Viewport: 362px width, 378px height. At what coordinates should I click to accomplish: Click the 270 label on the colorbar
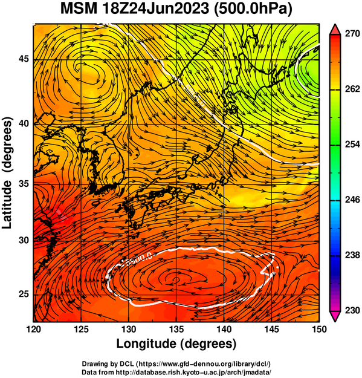(x=352, y=34)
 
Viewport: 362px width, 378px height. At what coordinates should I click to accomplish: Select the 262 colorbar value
(x=352, y=89)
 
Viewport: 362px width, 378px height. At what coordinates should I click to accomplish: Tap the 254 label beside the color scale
(x=352, y=145)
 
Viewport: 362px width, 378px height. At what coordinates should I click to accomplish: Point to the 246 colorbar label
(x=352, y=200)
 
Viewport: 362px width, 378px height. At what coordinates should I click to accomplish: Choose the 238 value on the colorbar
(x=352, y=255)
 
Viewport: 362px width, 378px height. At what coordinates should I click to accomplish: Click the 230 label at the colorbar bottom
(x=352, y=310)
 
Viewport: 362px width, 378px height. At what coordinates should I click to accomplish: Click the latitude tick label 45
(x=24, y=59)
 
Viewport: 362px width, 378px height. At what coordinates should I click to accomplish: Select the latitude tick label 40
(x=24, y=124)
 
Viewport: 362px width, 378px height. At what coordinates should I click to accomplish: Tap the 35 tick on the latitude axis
(x=24, y=184)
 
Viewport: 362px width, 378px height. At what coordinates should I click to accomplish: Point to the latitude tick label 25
(x=24, y=295)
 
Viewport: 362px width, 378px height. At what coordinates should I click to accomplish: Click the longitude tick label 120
(x=33, y=329)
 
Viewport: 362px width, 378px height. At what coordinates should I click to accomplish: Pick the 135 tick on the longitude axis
(x=176, y=329)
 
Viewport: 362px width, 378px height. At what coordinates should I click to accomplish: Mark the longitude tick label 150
(x=319, y=329)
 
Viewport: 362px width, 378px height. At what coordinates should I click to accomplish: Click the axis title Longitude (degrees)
(x=176, y=344)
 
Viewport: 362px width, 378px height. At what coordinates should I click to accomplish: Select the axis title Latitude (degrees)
(x=7, y=172)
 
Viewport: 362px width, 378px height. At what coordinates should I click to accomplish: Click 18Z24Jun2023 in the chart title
(x=155, y=9)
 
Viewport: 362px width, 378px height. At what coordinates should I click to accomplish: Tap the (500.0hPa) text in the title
(x=253, y=10)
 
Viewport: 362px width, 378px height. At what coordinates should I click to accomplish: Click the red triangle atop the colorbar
(x=335, y=29)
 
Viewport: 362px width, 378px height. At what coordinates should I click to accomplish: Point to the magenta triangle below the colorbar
(x=335, y=316)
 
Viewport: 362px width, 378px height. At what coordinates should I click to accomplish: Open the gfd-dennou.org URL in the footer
(x=204, y=363)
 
